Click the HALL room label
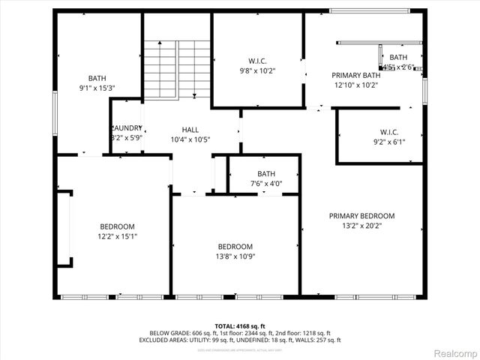click(x=190, y=130)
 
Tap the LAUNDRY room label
click(x=127, y=128)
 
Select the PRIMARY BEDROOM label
click(x=361, y=216)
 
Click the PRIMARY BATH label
click(x=355, y=75)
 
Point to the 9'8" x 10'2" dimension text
click(x=257, y=71)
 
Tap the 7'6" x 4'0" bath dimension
click(x=266, y=184)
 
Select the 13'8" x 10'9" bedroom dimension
click(x=235, y=256)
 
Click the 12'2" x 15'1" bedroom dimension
click(x=118, y=236)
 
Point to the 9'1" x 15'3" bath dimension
click(x=97, y=88)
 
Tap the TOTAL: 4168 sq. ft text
click(x=240, y=325)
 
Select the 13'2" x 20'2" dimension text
click(x=361, y=226)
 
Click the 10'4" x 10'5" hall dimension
click(x=190, y=139)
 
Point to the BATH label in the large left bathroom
click(x=97, y=78)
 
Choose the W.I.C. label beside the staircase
click(x=257, y=61)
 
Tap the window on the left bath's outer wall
click(x=54, y=112)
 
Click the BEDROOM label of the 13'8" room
click(x=235, y=247)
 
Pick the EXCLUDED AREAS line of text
click(x=240, y=340)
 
